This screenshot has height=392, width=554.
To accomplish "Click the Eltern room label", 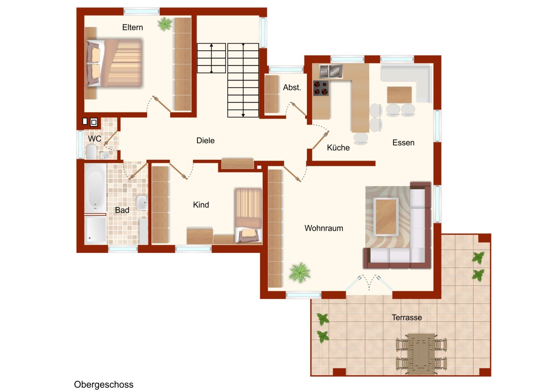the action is (132, 27).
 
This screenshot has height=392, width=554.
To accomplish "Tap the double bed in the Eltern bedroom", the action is (115, 63).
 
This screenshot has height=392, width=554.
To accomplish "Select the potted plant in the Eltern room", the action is (165, 24).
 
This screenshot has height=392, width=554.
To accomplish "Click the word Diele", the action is (205, 141).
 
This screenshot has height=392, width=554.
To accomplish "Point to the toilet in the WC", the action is (91, 152).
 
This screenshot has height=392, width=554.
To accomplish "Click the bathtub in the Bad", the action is (95, 188).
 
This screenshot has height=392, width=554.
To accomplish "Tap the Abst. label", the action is (292, 87).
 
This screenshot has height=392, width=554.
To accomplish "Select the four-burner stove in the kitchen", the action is (321, 88).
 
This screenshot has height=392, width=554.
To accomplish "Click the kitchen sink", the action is (331, 71).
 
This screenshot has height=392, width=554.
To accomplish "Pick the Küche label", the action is (338, 148).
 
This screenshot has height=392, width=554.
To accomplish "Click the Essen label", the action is (403, 143).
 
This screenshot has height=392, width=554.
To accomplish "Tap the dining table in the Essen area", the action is (399, 95).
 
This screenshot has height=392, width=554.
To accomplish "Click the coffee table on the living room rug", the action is (386, 217).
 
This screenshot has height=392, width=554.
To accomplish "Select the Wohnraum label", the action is (324, 228).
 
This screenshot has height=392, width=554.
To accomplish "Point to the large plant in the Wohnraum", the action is (300, 272).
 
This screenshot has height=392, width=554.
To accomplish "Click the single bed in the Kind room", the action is (248, 216).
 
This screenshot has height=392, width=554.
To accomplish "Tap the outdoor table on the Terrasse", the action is (421, 353).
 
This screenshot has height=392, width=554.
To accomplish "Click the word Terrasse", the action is (406, 317).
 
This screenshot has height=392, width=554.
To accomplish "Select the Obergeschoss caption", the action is (103, 385).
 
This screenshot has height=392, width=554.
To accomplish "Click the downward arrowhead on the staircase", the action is (243, 115).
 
